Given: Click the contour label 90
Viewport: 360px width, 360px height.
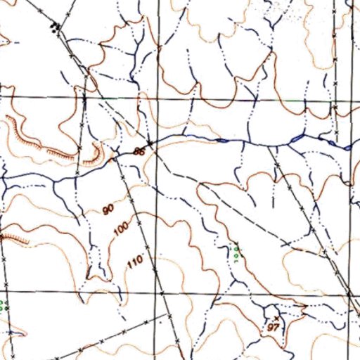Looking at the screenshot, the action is (108, 210).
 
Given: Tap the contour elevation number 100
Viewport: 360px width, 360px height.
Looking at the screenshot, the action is (121, 229).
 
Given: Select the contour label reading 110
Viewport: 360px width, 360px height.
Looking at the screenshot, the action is (135, 262).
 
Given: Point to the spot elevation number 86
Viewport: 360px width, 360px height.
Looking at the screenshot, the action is (139, 151).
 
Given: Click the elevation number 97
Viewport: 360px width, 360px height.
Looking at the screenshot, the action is (274, 328).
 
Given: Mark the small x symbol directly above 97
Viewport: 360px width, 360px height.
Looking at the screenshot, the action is (276, 319).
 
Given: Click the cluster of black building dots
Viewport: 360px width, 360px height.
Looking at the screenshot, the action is (56, 27).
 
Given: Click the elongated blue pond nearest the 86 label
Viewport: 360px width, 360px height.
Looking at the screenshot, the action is (221, 141).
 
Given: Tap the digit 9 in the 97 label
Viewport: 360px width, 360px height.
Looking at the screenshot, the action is (271, 328).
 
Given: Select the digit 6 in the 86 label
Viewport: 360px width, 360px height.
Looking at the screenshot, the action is (141, 151).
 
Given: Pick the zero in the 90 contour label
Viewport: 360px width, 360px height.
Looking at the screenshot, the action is (111, 209).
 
